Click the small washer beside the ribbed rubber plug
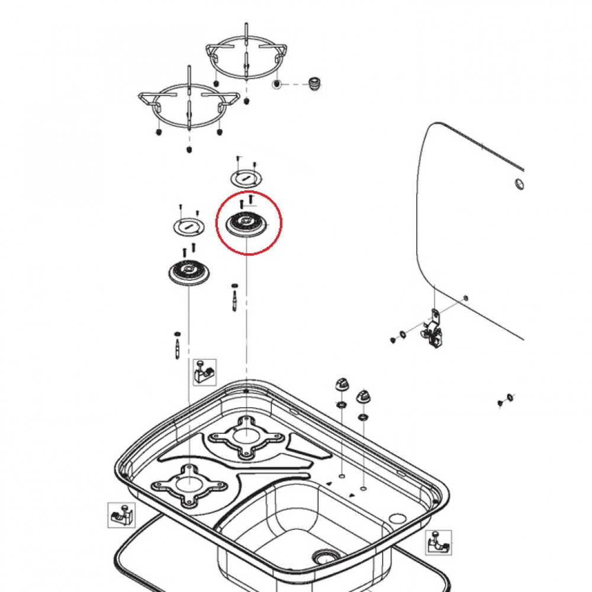coord(277,85)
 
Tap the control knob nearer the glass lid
coord(362,396)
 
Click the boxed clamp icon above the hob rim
coord(204,372)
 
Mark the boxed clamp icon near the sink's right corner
coord(439,542)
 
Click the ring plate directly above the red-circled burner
coord(244,177)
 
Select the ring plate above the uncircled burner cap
coord(188,225)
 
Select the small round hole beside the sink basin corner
coord(395,519)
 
